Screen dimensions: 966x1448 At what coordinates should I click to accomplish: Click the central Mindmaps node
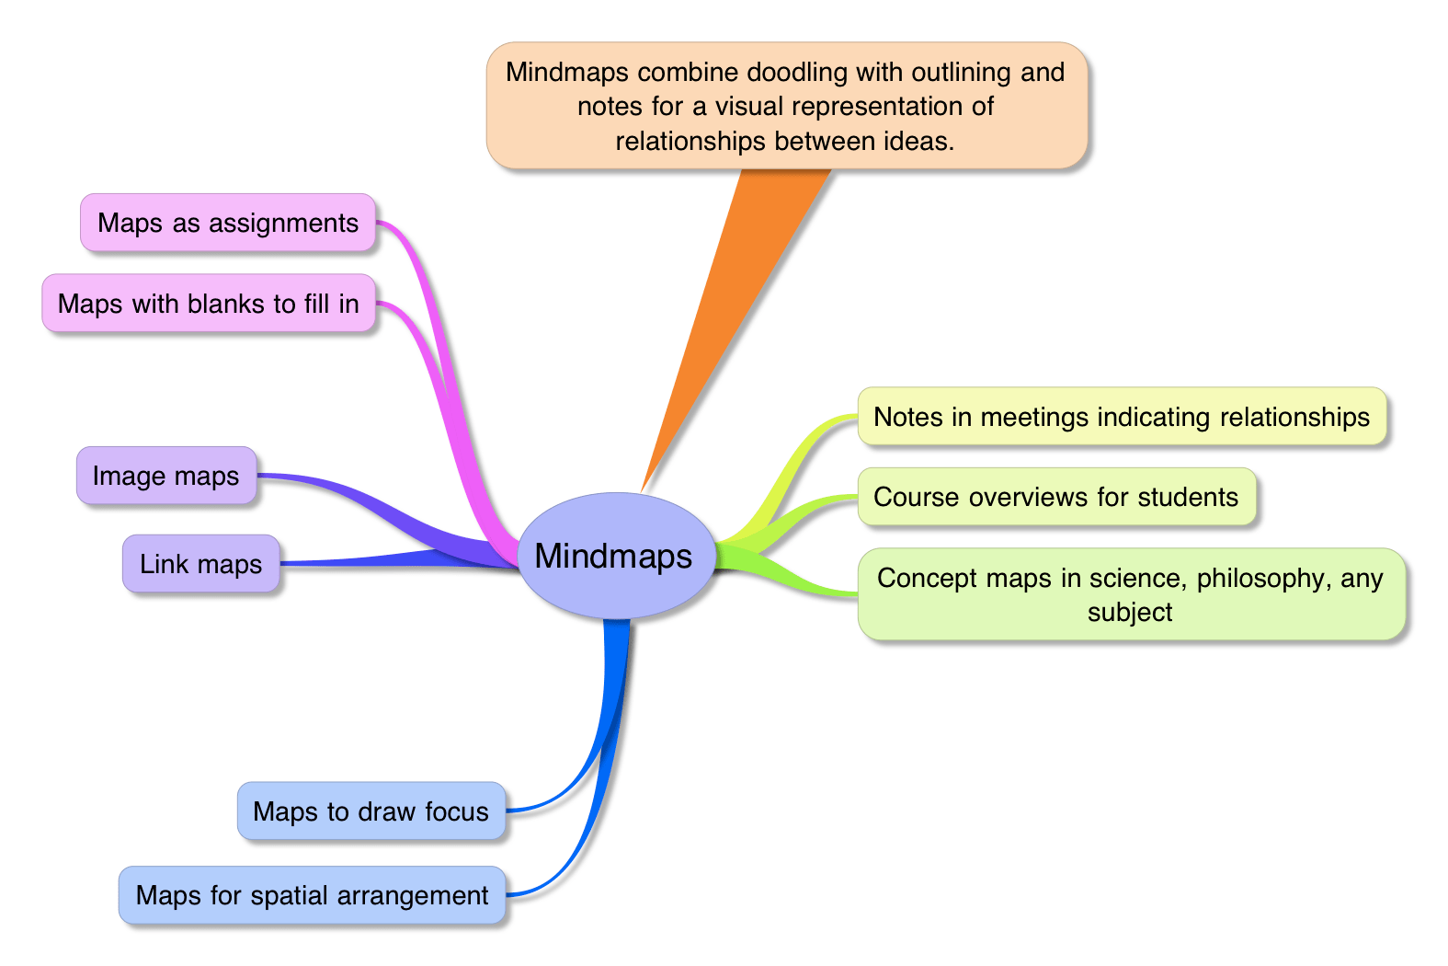pyautogui.click(x=614, y=556)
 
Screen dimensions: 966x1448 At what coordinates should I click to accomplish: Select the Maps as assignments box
pyautogui.click(x=228, y=223)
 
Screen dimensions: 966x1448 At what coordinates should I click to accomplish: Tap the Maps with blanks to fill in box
pyautogui.click(x=209, y=304)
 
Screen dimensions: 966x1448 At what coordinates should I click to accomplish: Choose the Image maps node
pyautogui.click(x=166, y=476)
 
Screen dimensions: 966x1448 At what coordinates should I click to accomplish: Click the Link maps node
pyautogui.click(x=201, y=564)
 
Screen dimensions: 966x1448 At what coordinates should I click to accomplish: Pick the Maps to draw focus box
pyautogui.click(x=371, y=811)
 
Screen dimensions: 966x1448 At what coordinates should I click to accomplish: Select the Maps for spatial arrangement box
pyautogui.click(x=313, y=895)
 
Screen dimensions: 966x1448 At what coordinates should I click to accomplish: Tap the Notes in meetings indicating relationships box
pyautogui.click(x=1122, y=417)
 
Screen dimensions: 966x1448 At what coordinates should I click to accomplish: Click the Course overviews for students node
pyautogui.click(x=1056, y=497)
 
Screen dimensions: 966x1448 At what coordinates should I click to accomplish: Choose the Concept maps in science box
pyautogui.click(x=1131, y=594)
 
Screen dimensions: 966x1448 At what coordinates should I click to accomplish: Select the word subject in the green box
pyautogui.click(x=1130, y=613)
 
